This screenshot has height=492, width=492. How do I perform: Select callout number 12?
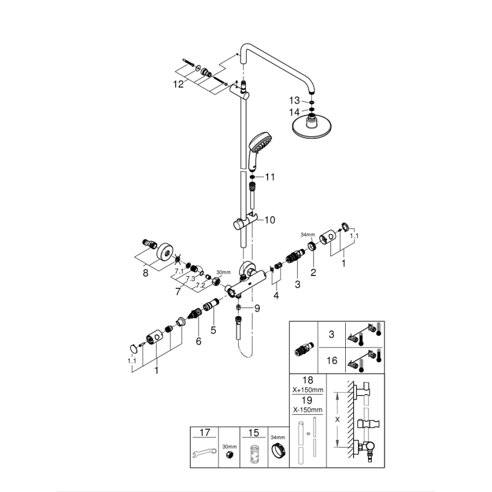[179, 84]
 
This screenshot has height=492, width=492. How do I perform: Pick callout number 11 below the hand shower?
[269, 177]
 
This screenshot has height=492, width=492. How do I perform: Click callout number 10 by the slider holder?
[269, 219]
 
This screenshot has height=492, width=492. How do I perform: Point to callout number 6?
[199, 341]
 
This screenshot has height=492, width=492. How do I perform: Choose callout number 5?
[214, 329]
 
